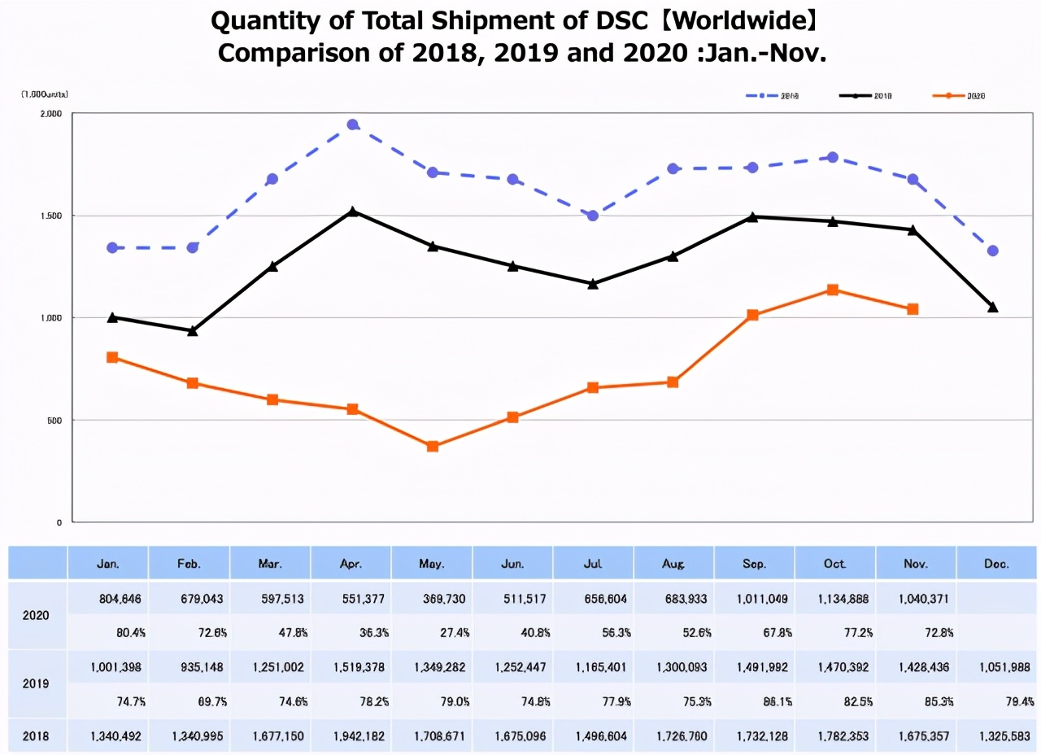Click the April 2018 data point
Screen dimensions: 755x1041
352,125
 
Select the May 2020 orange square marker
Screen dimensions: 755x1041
433,447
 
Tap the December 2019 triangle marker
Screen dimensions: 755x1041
992,307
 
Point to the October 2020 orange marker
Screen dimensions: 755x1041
833,290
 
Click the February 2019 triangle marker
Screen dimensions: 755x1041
192,331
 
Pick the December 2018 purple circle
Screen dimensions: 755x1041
992,251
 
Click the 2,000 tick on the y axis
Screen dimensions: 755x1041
50,114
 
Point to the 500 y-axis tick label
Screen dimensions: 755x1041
54,420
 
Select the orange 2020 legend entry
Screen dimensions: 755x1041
960,96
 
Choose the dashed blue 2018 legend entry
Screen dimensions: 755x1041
773,96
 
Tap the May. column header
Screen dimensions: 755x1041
431,563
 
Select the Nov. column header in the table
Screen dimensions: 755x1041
916,563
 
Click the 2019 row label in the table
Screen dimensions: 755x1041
37,684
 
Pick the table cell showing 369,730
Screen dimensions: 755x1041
431,600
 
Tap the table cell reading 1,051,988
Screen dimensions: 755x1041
996,667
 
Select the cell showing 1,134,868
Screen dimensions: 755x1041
834,600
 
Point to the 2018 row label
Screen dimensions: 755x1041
37,736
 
